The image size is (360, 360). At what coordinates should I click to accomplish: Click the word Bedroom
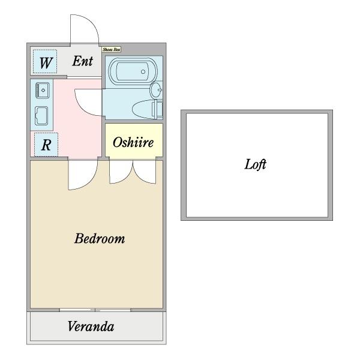point(100,239)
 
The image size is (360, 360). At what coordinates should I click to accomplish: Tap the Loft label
point(255,164)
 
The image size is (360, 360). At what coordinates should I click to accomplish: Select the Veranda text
point(91,327)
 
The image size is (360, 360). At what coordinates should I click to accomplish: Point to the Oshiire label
point(133,143)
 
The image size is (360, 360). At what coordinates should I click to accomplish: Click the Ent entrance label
point(83,61)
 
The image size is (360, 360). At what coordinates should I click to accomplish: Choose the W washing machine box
point(45,62)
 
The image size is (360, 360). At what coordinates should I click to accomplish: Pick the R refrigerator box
point(46,145)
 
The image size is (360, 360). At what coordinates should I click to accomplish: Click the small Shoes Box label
point(111,50)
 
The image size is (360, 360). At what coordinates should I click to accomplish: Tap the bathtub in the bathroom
point(130,73)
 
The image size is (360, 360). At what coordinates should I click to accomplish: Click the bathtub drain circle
point(143,72)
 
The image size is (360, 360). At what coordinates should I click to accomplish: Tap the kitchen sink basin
point(43,91)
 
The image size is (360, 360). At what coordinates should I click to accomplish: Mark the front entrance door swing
point(83,30)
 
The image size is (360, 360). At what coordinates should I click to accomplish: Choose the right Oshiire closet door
point(145,172)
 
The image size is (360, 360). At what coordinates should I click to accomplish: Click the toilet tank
point(158,110)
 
